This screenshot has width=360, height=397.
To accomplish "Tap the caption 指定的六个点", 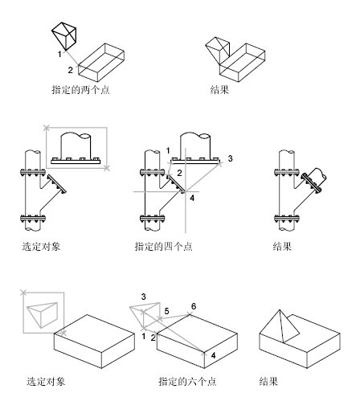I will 186,382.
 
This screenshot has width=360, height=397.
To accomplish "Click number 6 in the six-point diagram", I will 194,307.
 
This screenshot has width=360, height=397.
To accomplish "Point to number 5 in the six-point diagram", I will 166,310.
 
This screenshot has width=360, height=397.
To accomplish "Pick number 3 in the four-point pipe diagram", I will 230,160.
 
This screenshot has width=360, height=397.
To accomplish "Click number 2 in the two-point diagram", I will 71,71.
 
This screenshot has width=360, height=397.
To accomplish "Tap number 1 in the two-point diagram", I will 59,54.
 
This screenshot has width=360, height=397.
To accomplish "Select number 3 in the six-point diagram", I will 143,297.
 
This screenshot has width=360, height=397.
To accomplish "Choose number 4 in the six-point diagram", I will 212,354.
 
